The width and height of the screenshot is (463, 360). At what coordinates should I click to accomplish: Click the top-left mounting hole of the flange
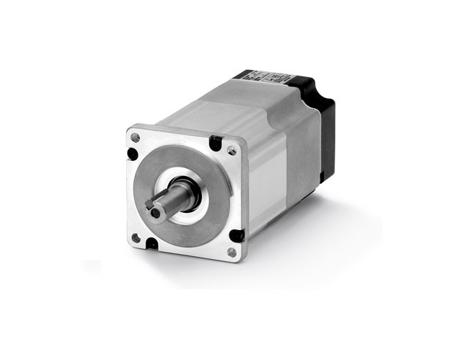pyautogui.click(x=136, y=137)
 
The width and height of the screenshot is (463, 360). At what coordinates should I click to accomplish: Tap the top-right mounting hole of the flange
pyautogui.click(x=231, y=151)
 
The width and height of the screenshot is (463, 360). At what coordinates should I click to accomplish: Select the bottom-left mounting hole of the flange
pyautogui.click(x=135, y=237)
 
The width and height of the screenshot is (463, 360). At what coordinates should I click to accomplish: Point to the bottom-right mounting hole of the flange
pyautogui.click(x=231, y=252)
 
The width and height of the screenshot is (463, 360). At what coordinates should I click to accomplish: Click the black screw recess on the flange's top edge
pyautogui.click(x=215, y=143)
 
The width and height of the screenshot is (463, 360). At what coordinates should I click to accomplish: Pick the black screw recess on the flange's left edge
pyautogui.click(x=133, y=154)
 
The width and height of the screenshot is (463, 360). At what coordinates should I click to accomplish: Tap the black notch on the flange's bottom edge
pyautogui.click(x=152, y=244)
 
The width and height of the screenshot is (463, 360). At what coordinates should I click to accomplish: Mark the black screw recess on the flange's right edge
pyautogui.click(x=234, y=234)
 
